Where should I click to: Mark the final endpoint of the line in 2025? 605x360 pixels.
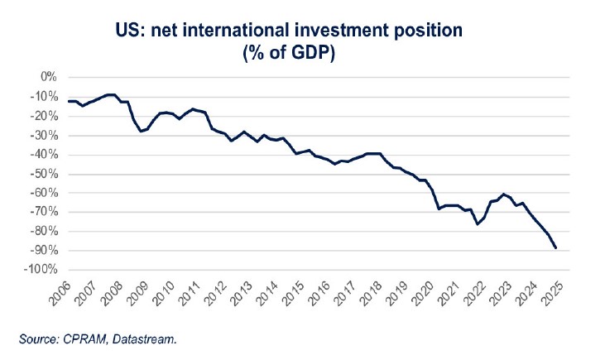555,247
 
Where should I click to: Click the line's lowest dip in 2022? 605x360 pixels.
478,223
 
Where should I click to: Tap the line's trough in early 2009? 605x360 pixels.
140,131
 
